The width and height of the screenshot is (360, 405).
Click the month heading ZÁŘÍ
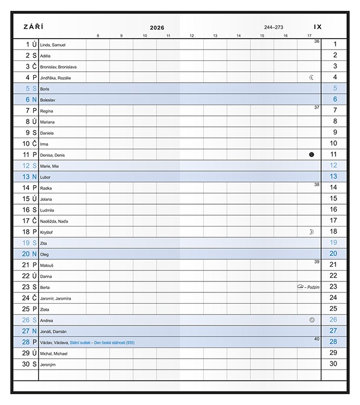[x=33, y=27]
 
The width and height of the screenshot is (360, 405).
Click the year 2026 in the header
[x=157, y=27]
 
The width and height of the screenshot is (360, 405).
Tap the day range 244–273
[x=273, y=27]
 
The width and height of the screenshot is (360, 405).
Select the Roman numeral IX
[x=318, y=27]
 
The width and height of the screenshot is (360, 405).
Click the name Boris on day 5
[x=45, y=89]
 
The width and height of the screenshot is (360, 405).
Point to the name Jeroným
[x=48, y=364]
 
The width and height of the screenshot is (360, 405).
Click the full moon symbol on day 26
[x=312, y=320]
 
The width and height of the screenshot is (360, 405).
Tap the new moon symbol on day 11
[x=312, y=155]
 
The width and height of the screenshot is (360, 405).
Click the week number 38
[x=316, y=185]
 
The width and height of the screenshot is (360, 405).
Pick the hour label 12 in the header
[x=192, y=36]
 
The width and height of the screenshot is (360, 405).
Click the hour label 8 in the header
[x=98, y=36]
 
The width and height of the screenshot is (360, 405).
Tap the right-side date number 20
[x=333, y=254]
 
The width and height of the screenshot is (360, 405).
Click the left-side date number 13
[x=26, y=177]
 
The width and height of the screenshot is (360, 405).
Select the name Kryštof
[x=47, y=232]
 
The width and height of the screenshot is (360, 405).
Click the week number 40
[x=316, y=339]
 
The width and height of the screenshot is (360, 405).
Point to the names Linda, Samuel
[x=53, y=45]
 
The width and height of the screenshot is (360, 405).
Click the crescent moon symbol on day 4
[x=312, y=77]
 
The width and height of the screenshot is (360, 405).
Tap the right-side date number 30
[x=333, y=364]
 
